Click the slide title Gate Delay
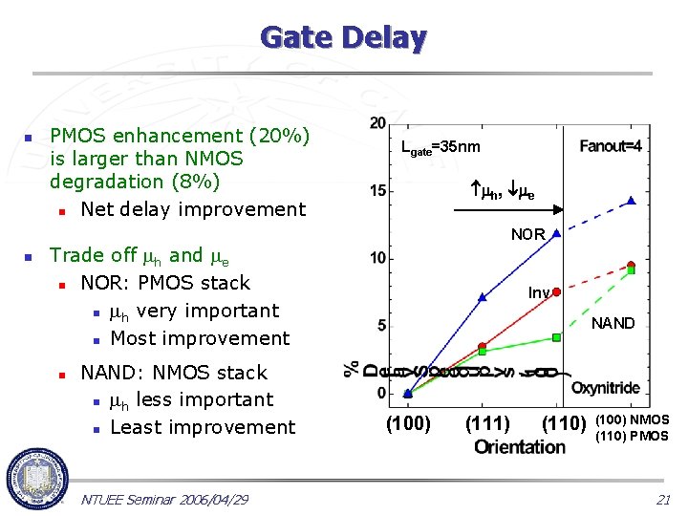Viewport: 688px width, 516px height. click(x=343, y=38)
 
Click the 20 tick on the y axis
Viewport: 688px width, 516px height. click(x=378, y=123)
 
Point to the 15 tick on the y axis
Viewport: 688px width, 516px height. click(x=378, y=191)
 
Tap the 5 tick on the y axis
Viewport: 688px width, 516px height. click(x=381, y=326)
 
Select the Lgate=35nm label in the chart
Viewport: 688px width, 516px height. click(x=441, y=147)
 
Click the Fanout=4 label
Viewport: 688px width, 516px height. click(x=610, y=146)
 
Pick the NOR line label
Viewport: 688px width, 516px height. click(x=527, y=234)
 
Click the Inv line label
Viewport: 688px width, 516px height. click(x=539, y=292)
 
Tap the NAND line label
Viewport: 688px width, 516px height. click(x=613, y=323)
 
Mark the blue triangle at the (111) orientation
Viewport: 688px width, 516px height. click(x=483, y=297)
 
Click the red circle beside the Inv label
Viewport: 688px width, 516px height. click(x=557, y=291)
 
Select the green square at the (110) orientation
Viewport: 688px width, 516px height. click(x=557, y=337)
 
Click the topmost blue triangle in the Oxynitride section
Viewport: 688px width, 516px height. click(x=632, y=201)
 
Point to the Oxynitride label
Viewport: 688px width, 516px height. click(x=606, y=388)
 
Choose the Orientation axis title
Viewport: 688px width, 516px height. click(x=519, y=446)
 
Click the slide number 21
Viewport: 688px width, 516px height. click(x=663, y=500)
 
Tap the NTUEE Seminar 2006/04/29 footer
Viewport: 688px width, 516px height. click(x=164, y=500)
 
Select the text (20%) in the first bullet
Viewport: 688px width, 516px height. click(x=278, y=136)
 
